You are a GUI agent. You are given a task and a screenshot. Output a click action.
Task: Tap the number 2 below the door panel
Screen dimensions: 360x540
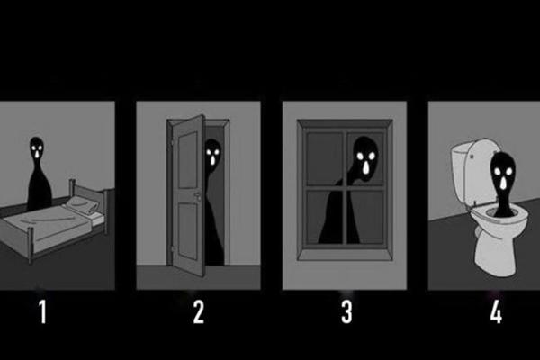point(199,312)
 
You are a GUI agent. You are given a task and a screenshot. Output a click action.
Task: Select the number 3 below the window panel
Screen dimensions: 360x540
point(346,312)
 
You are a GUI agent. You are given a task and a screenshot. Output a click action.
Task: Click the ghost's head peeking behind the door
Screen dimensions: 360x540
point(211,155)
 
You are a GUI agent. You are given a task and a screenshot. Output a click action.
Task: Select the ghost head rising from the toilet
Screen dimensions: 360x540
point(500,171)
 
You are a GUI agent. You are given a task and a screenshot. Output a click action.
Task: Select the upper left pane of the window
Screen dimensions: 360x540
point(325,157)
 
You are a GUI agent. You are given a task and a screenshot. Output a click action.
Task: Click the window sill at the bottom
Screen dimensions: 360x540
point(346,252)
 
